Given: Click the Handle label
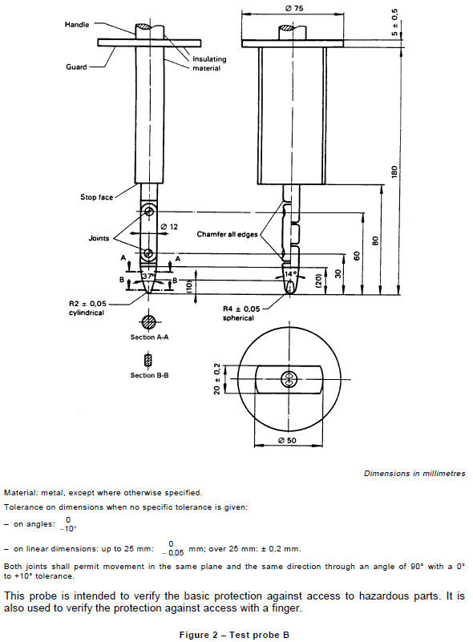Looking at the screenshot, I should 78,25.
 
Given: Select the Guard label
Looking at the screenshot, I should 76,68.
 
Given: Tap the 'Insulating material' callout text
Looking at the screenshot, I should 208,63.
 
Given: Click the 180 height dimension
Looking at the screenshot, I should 394,171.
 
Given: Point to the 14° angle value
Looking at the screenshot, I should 290,274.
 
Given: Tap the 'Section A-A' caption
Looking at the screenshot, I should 149,337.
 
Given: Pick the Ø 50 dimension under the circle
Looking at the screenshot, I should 287,441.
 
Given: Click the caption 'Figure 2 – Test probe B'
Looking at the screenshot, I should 236,633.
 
